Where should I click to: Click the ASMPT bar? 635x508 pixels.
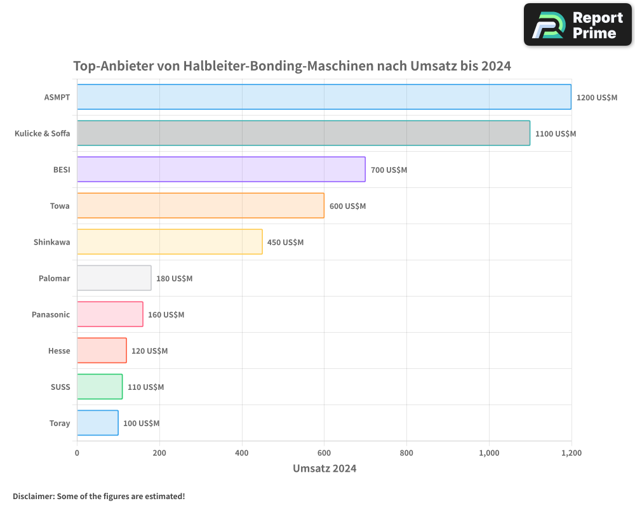coord(324,97)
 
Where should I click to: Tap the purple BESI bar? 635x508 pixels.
coord(221,170)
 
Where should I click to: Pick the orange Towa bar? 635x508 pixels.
coord(201,206)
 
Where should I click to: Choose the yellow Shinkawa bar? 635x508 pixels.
coord(170,242)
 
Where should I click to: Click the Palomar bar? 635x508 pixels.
coord(114,278)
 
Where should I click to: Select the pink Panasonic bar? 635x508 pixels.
coord(110,314)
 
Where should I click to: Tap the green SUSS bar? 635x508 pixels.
coord(100,387)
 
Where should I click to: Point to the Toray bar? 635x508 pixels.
coord(98,423)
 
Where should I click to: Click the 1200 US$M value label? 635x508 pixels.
coord(597,98)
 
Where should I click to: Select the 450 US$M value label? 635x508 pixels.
coord(285,243)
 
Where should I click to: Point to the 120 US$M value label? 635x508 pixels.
coord(149,351)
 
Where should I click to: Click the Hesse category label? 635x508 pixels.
coord(59,351)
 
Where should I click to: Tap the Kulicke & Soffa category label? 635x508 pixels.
coord(43,134)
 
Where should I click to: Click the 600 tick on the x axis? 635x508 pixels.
coord(324,453)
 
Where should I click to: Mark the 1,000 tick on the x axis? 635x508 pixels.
coord(489,453)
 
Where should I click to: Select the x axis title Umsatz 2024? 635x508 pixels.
coord(324,469)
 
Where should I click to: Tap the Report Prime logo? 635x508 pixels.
coord(577,25)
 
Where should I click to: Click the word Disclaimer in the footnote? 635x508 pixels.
coord(33,497)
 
